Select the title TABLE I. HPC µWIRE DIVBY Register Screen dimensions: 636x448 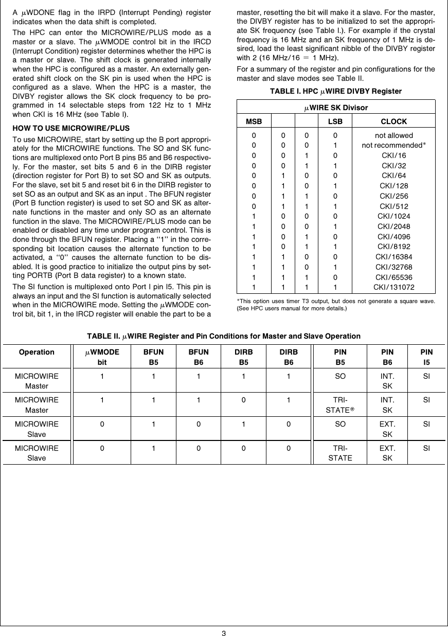pos(336,91)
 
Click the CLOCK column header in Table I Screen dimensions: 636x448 pos(393,121)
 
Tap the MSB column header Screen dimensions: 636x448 pos(254,121)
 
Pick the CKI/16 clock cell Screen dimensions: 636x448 pos(393,155)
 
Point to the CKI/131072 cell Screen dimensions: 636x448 pos(393,287)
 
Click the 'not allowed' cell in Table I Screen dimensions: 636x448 pos(393,135)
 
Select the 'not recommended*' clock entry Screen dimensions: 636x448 pos(393,145)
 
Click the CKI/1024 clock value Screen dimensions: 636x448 pos(393,216)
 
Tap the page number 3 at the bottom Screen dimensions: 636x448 pos(224,632)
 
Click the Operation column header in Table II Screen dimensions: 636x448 pos(37,352)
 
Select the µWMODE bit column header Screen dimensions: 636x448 pos(102,357)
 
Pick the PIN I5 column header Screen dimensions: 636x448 pos(426,357)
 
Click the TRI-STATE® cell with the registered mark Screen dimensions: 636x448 pos(341,405)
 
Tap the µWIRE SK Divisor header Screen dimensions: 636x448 pos(336,108)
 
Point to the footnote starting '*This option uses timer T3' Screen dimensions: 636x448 pos(336,304)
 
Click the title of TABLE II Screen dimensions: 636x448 pos(224,336)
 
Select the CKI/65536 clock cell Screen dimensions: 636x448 pos(393,277)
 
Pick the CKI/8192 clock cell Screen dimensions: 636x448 pos(393,246)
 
